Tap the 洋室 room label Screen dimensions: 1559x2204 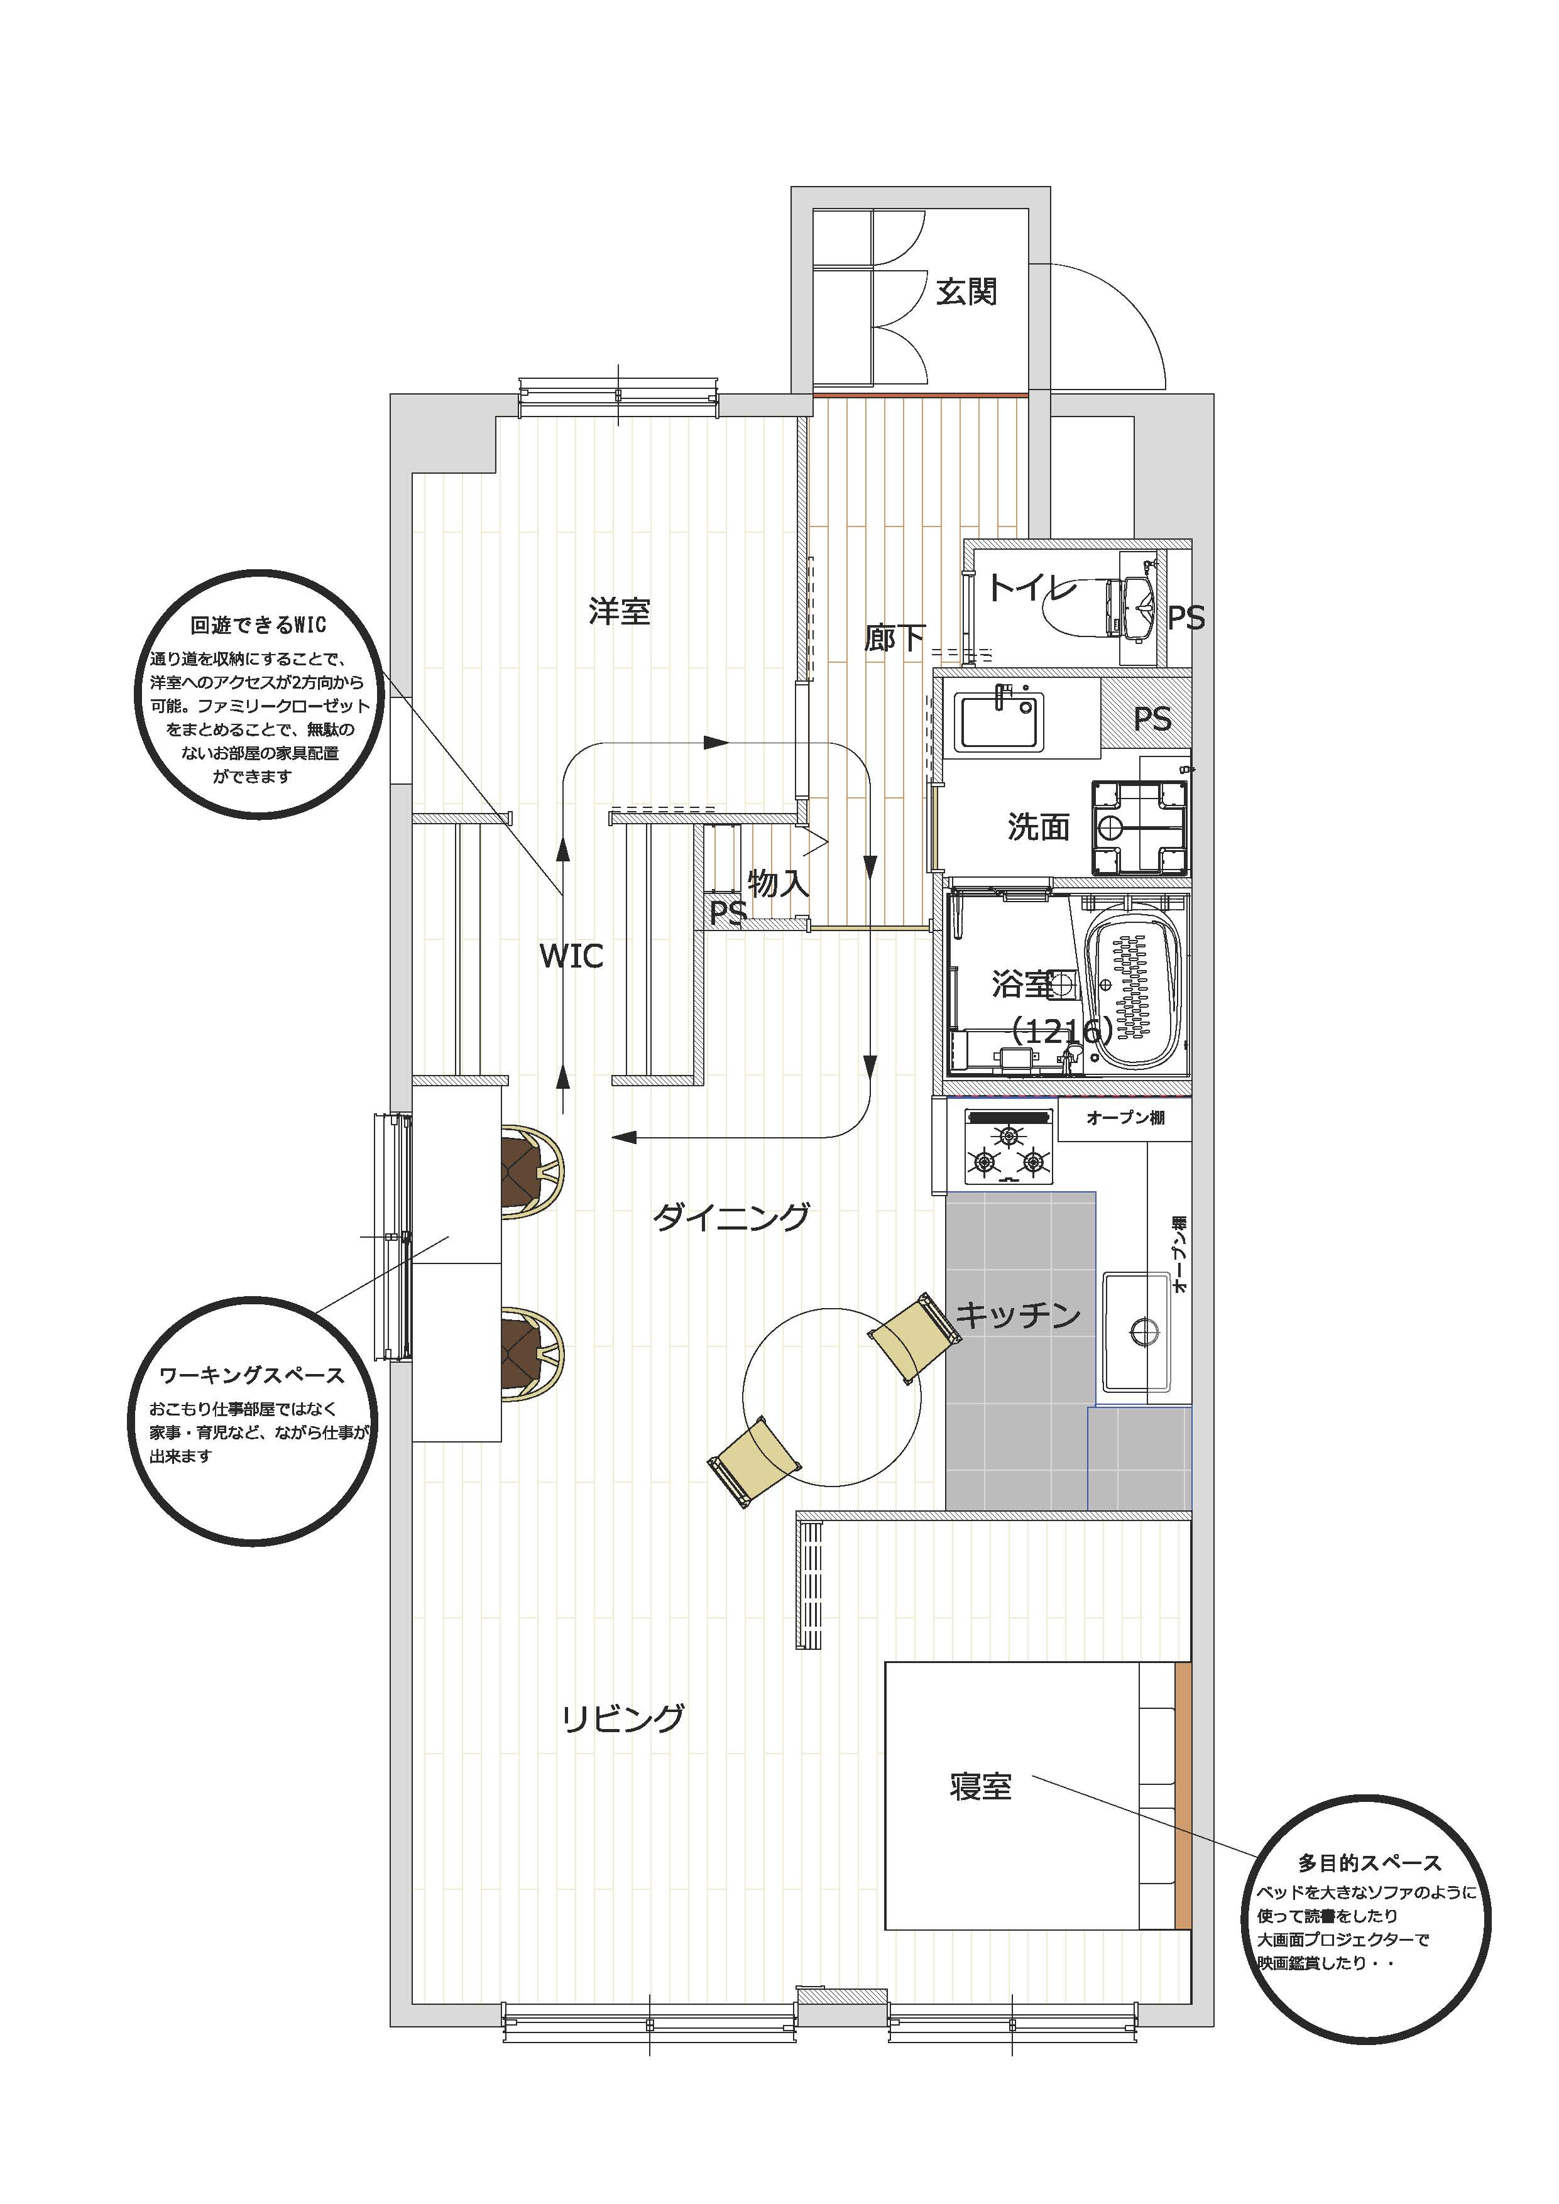pyautogui.click(x=620, y=611)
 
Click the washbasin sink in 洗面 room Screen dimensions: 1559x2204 pyautogui.click(x=999, y=719)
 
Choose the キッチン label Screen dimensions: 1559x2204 pyautogui.click(x=1019, y=1314)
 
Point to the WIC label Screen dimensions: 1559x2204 pyautogui.click(x=571, y=956)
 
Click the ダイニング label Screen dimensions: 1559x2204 pyautogui.click(x=731, y=1217)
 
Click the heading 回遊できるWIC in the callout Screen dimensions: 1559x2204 pyautogui.click(x=258, y=625)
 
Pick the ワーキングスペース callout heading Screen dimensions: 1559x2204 pyautogui.click(x=251, y=1375)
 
